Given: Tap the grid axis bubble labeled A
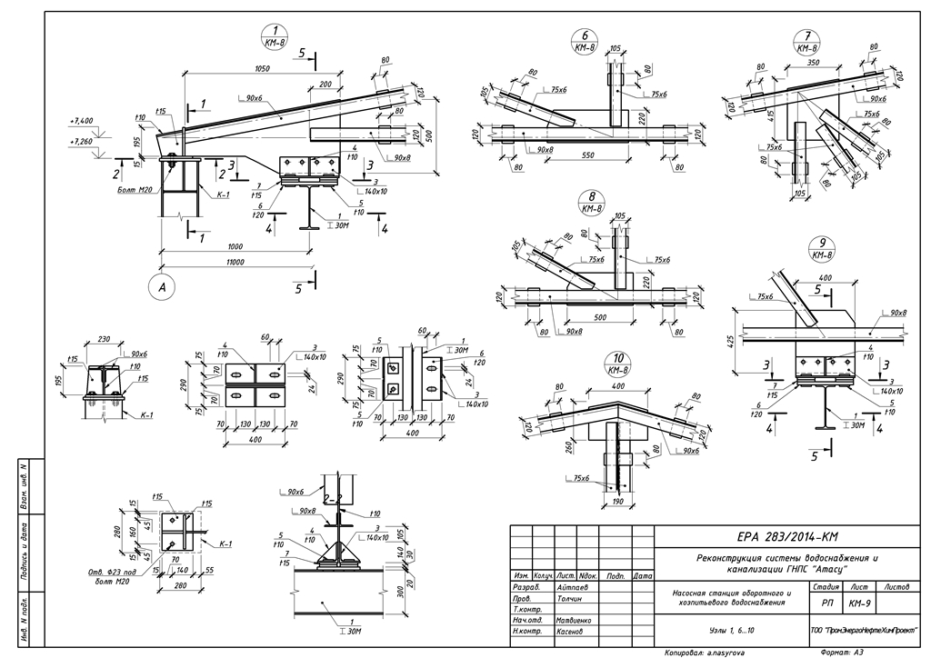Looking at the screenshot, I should (x=161, y=288).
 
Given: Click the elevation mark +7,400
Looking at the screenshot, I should (x=82, y=120).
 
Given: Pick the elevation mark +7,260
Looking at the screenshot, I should (x=82, y=142).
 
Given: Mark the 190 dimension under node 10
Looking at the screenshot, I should (x=618, y=502).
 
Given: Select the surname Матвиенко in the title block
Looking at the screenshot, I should (x=573, y=620).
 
